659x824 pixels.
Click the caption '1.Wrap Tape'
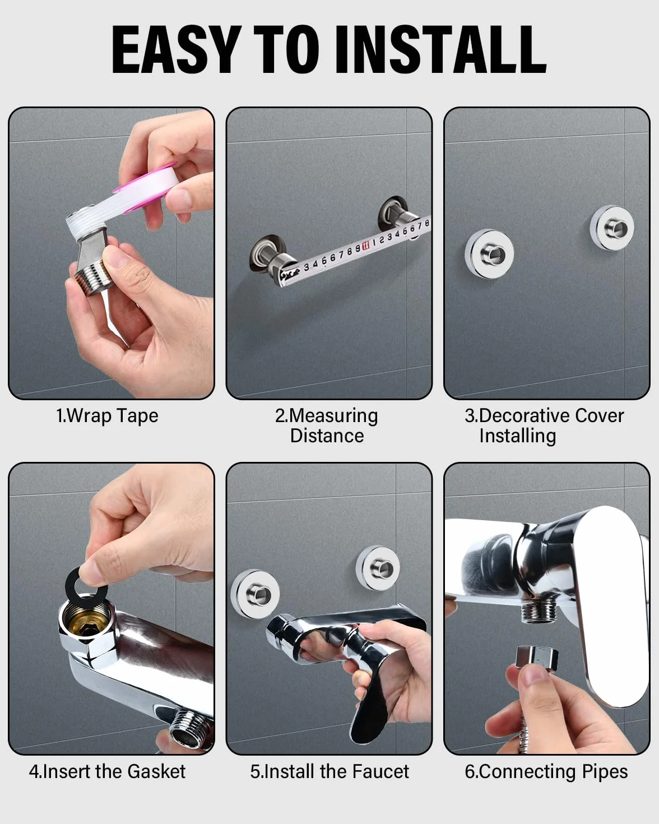[107, 416]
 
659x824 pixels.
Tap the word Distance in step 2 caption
[327, 436]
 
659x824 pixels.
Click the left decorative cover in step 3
[489, 253]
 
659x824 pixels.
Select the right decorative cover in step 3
[612, 228]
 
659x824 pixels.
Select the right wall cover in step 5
[378, 568]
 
